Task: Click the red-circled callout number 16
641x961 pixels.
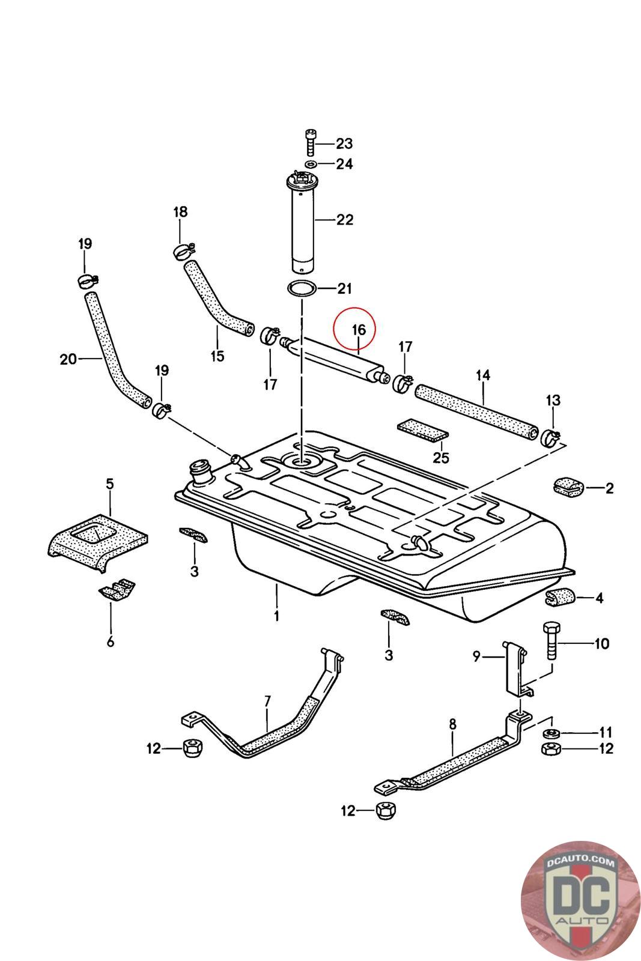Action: point(358,330)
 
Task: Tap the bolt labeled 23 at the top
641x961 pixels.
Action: point(310,143)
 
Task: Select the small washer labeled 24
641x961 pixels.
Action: point(311,164)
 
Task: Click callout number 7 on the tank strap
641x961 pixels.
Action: point(267,700)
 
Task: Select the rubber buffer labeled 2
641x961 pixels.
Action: point(567,487)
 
